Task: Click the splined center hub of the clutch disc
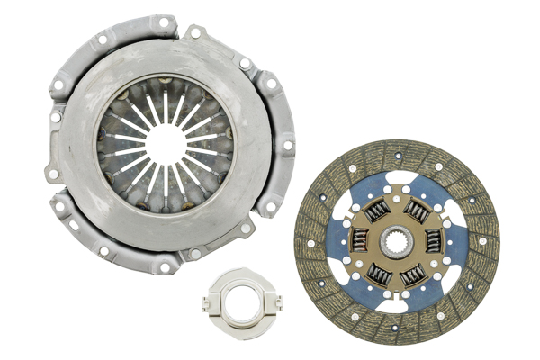(397, 242)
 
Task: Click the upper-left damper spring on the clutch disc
(377, 211)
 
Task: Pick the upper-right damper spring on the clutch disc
(417, 211)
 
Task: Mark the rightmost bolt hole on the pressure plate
(287, 145)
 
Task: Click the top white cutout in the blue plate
(400, 177)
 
